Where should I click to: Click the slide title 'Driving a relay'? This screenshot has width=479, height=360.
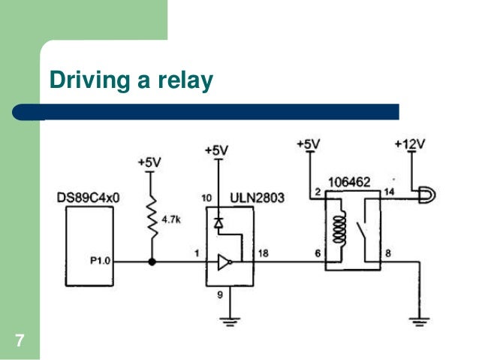[x=131, y=80]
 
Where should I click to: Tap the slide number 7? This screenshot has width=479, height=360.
[x=20, y=340]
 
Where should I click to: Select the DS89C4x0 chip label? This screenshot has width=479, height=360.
[x=89, y=198]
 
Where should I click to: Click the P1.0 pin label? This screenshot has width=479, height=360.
[x=100, y=261]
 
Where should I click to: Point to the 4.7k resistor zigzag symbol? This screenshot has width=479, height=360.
[x=152, y=216]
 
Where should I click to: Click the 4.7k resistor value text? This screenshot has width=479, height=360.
[x=171, y=219]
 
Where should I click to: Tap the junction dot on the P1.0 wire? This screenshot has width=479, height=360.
[x=152, y=262]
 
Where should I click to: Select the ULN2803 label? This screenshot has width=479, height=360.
[x=258, y=198]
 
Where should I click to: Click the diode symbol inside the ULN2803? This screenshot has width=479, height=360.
[x=218, y=223]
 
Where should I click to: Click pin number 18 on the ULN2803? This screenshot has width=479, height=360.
[x=264, y=253]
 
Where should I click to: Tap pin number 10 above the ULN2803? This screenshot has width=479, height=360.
[x=206, y=198]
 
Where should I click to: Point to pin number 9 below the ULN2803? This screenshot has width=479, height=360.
[x=220, y=295]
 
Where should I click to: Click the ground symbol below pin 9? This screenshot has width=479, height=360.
[x=230, y=322]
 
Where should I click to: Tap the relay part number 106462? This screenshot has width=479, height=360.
[x=349, y=183]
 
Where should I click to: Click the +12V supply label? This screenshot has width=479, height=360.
[x=410, y=144]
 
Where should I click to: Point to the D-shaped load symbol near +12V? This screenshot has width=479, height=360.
[x=427, y=195]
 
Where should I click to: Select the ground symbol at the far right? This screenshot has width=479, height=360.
[x=420, y=322]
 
